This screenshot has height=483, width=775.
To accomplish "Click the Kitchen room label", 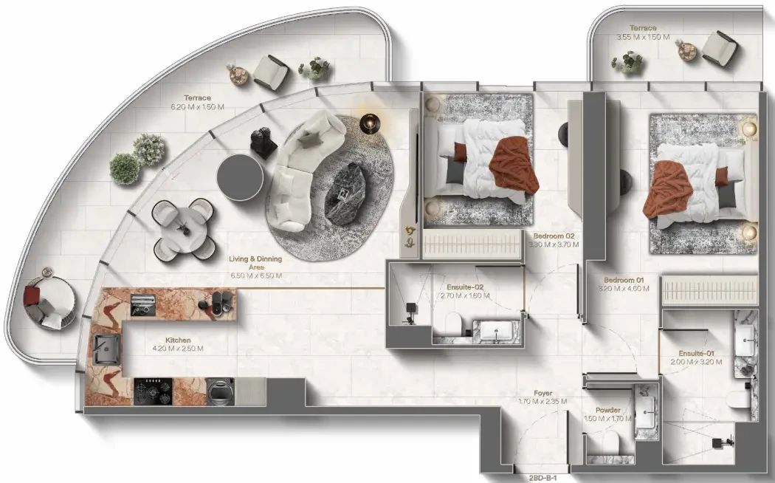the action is coord(178,340).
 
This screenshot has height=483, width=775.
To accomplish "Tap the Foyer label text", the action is coord(542,394).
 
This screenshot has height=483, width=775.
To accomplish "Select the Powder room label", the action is coord(608,411).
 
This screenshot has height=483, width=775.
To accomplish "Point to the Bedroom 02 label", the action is coord(554,236).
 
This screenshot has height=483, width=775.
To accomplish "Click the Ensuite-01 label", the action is coord(696,354).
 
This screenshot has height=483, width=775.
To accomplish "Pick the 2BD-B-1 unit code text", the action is coord(542,478).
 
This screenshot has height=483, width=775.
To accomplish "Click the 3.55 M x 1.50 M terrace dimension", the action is coord(643,37).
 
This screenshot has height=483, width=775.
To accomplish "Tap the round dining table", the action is coord(184,229).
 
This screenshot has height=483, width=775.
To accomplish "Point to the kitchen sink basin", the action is coord(106,349).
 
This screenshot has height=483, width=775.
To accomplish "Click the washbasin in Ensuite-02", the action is coord(496,331).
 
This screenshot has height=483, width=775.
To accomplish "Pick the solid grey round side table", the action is coord(240,177).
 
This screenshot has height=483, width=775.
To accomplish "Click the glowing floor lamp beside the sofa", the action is coord(369,123).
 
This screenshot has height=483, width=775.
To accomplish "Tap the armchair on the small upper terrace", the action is coord(719,48).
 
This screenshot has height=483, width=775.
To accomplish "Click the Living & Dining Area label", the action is coord(255,262).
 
